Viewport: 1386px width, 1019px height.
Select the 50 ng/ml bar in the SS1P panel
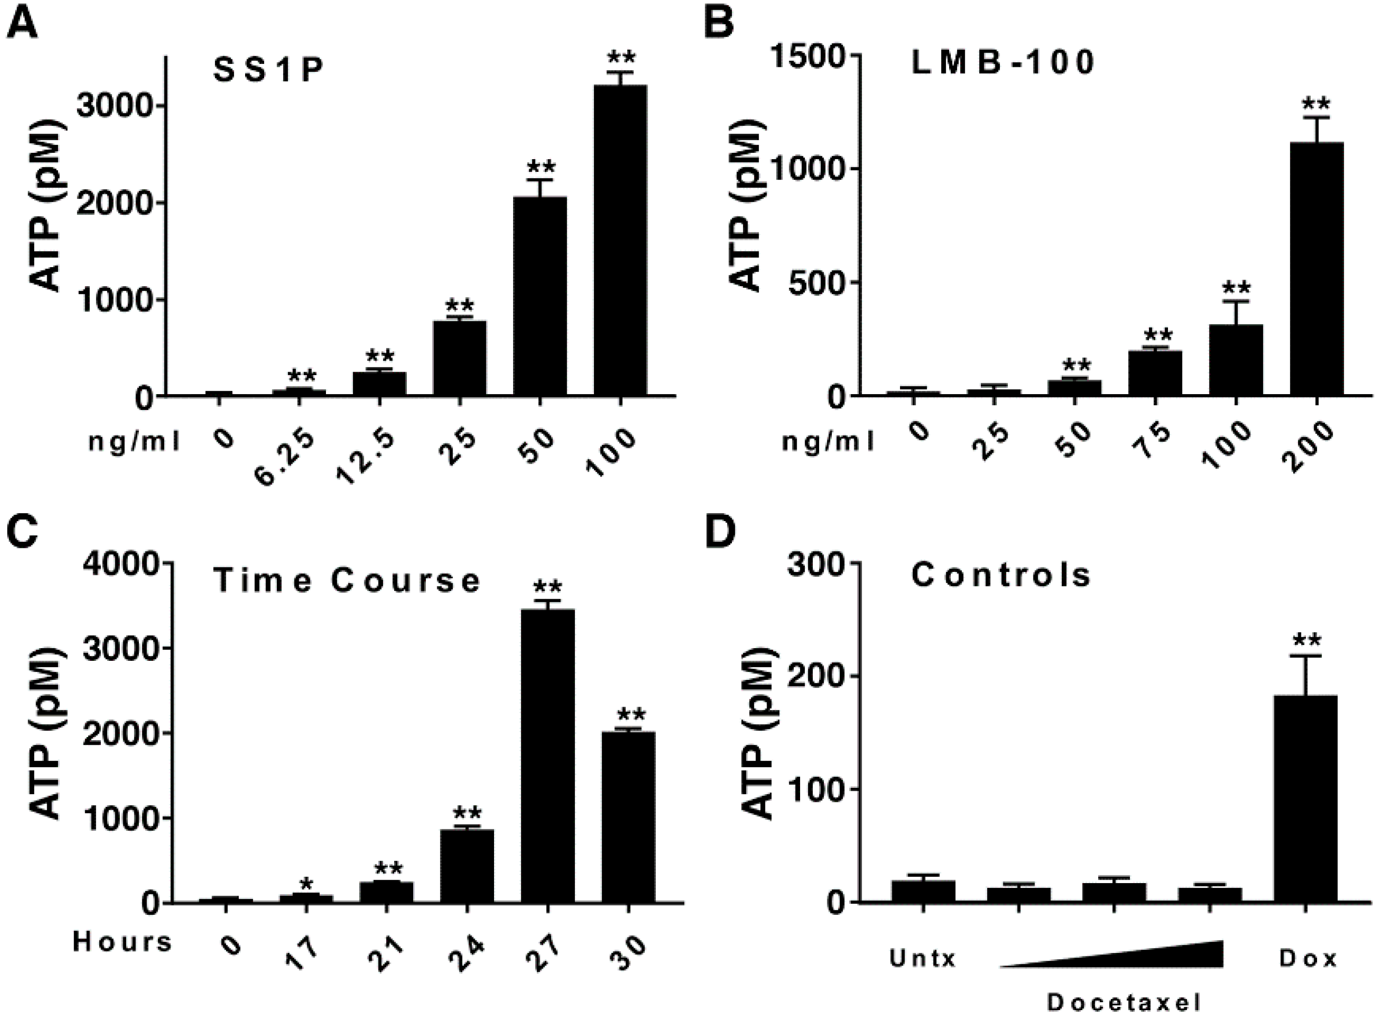pos(540,296)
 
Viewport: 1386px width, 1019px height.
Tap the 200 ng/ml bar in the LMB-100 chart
pos(1317,268)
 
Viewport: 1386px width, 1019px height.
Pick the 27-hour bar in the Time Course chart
pos(547,756)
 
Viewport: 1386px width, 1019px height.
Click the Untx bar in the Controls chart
pos(923,891)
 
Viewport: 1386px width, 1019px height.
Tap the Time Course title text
pos(347,580)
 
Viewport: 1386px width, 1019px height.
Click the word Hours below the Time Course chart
pos(122,942)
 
